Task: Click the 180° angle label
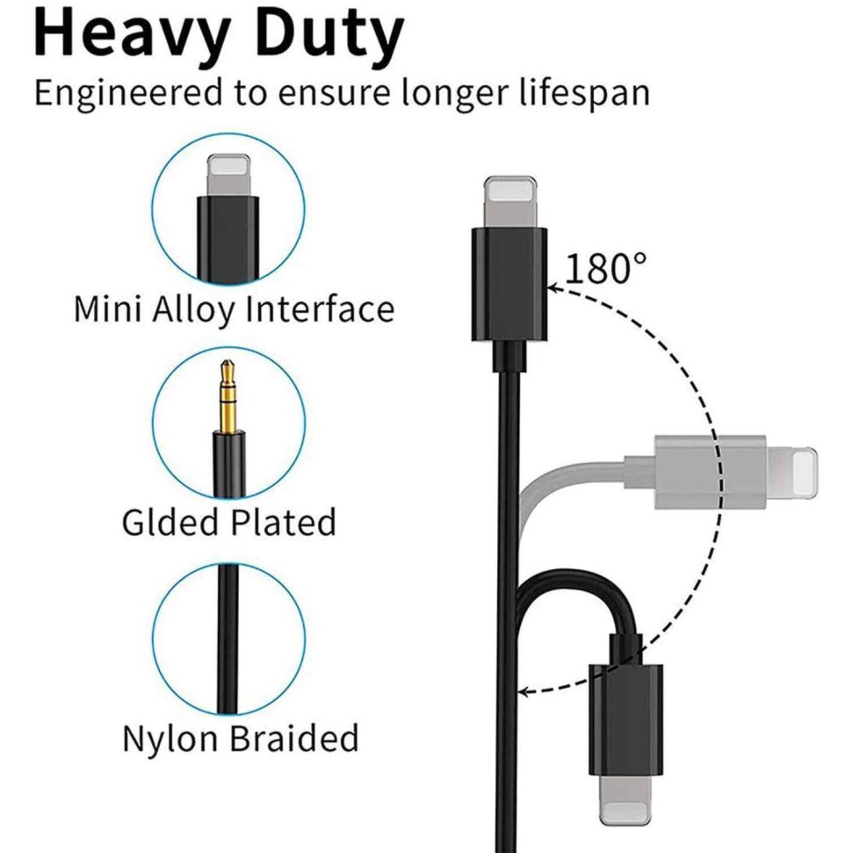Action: [x=606, y=268]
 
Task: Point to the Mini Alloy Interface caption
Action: [x=234, y=309]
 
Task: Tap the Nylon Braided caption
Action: [x=240, y=738]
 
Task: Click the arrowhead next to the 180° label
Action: [x=553, y=286]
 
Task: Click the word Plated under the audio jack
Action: [x=284, y=522]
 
